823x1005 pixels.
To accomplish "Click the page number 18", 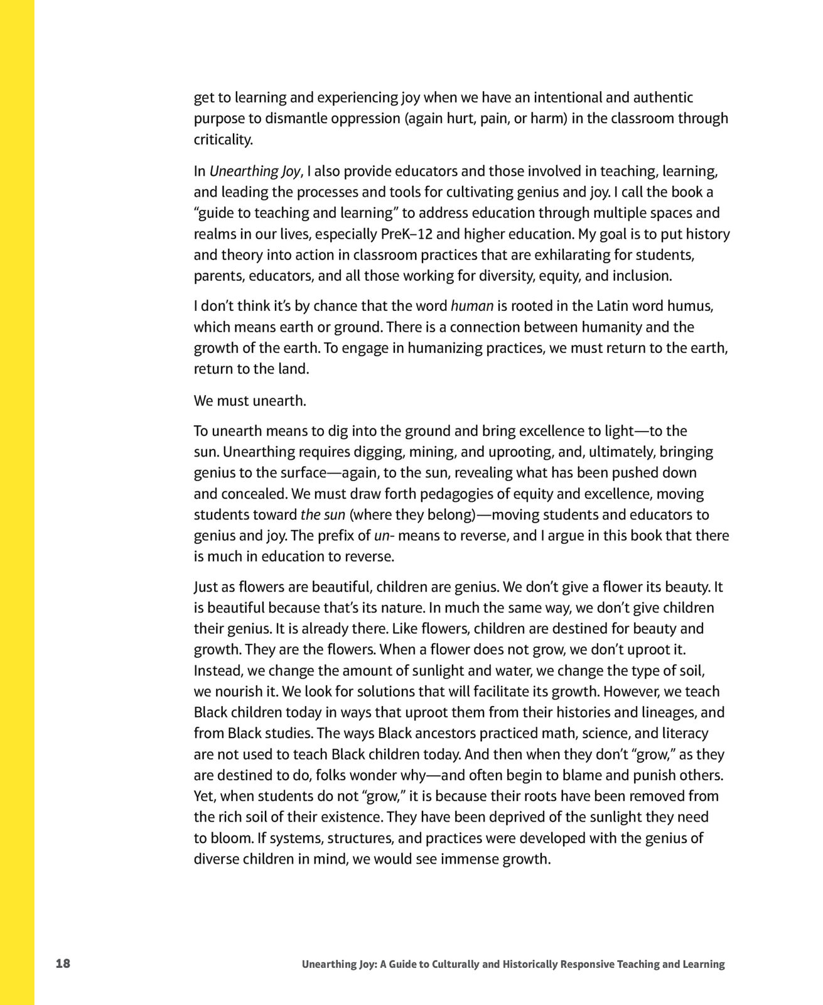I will click(x=63, y=963).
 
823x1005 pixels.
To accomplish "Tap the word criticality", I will click(x=223, y=139).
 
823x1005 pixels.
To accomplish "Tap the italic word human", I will click(x=471, y=307).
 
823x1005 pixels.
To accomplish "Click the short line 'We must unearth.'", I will click(x=250, y=401).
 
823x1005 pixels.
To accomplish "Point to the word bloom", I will click(x=230, y=838).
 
